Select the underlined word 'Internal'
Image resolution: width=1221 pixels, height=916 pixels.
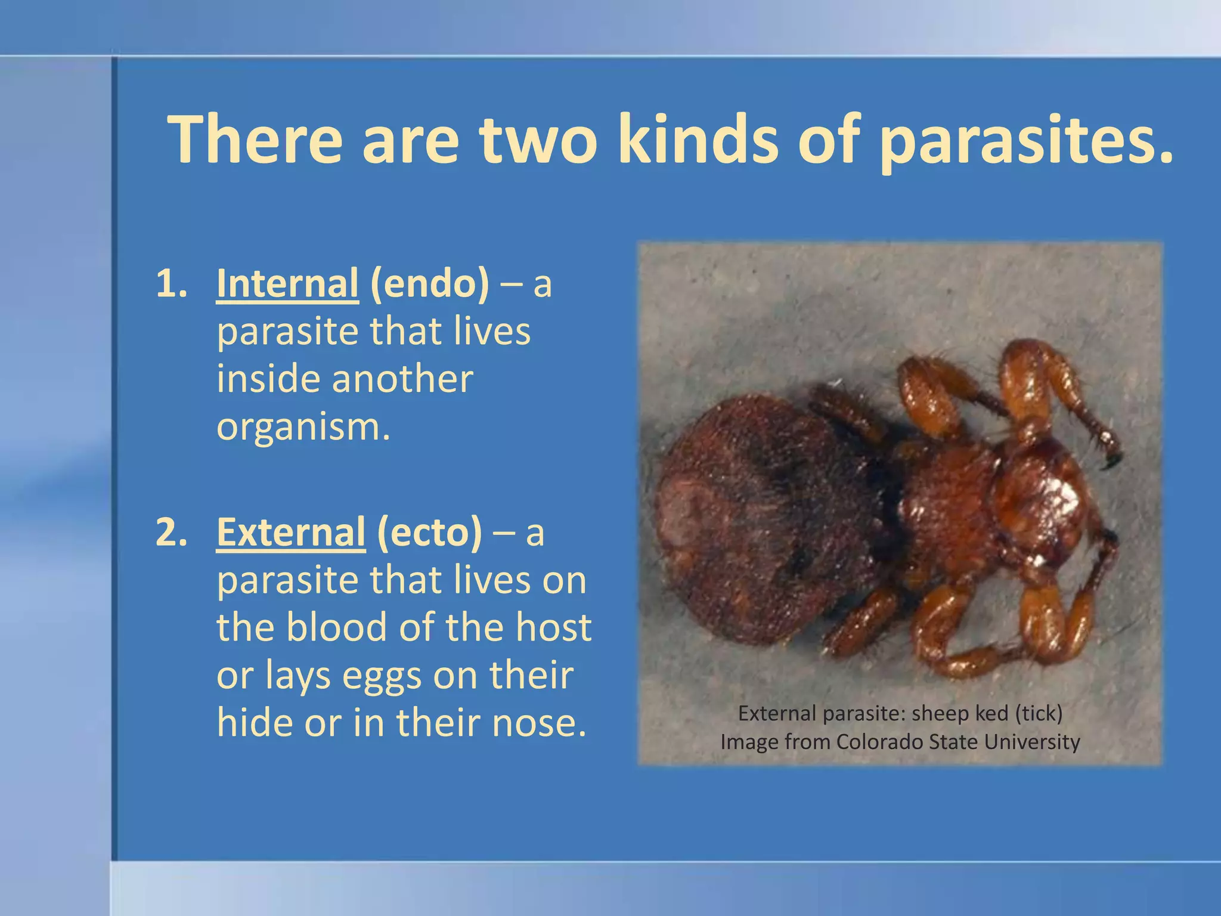pyautogui.click(x=287, y=284)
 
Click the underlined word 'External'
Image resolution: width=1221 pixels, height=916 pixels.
pyautogui.click(x=290, y=533)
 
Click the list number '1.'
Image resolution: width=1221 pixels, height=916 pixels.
pyautogui.click(x=172, y=284)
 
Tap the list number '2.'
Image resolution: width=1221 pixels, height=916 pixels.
pyautogui.click(x=172, y=533)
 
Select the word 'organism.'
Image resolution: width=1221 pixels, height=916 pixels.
pyautogui.click(x=303, y=428)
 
